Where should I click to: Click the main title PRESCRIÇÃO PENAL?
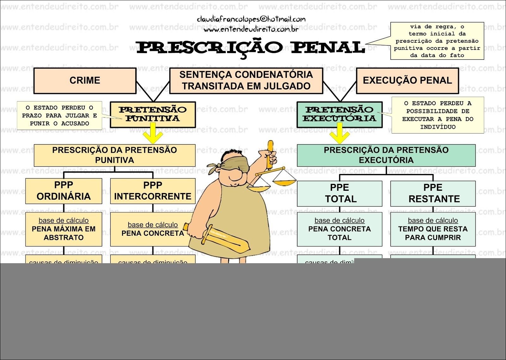[250, 47]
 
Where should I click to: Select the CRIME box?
[85, 81]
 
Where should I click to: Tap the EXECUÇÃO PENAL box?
[407, 81]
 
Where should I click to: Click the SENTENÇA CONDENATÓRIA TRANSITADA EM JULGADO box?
[246, 81]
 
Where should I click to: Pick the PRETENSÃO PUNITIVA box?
[153, 115]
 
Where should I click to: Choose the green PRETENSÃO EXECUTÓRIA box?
[339, 115]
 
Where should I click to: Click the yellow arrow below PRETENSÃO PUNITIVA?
[153, 134]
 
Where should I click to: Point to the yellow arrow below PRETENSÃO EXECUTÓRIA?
[339, 134]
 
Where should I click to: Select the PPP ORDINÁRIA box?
[64, 191]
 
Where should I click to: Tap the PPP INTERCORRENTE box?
[153, 191]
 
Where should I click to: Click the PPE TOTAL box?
[339, 193]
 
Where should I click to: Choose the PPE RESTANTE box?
[433, 193]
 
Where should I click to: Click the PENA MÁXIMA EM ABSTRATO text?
[64, 233]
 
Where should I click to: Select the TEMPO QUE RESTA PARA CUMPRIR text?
[433, 233]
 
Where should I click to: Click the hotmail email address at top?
[251, 20]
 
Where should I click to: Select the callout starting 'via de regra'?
[437, 41]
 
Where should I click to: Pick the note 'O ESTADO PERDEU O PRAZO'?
[59, 115]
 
